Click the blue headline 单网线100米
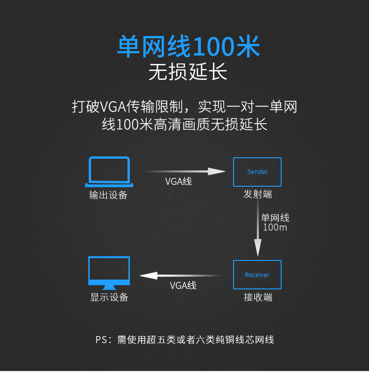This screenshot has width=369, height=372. (188, 48)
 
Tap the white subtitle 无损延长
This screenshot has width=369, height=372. (188, 72)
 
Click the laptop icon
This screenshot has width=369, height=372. (109, 171)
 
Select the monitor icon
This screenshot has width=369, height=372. (109, 273)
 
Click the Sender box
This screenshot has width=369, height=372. (257, 172)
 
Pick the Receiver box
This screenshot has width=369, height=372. (257, 274)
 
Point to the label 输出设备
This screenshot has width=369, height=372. (108, 195)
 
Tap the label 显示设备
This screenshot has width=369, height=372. (109, 297)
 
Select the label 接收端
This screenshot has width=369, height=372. (257, 297)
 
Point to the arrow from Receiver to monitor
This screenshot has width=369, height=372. (180, 275)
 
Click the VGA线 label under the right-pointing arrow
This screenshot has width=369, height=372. (178, 182)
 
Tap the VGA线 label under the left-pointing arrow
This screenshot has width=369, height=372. (183, 285)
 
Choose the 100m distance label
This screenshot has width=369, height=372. (275, 228)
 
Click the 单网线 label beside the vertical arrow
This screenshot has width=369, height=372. (275, 218)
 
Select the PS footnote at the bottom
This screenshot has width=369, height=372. (185, 340)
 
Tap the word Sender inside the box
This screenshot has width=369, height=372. (257, 172)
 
